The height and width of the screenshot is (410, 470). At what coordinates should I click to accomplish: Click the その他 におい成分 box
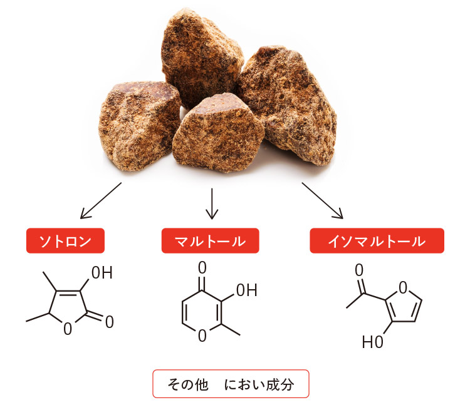[231, 384]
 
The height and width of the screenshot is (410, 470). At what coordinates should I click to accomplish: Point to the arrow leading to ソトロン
[100, 200]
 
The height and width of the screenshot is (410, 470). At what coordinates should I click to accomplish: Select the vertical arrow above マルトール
[212, 203]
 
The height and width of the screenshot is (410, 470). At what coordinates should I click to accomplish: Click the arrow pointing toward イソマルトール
[322, 200]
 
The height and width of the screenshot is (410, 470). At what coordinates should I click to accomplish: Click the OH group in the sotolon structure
[102, 274]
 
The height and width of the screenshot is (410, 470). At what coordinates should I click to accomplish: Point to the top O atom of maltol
[202, 267]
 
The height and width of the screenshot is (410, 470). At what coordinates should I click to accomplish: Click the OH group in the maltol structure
[246, 290]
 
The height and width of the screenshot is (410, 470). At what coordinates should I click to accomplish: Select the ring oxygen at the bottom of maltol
[202, 336]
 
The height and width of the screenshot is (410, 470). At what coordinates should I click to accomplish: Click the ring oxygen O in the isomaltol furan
[402, 287]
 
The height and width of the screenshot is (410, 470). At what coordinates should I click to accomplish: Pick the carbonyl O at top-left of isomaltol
[359, 270]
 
